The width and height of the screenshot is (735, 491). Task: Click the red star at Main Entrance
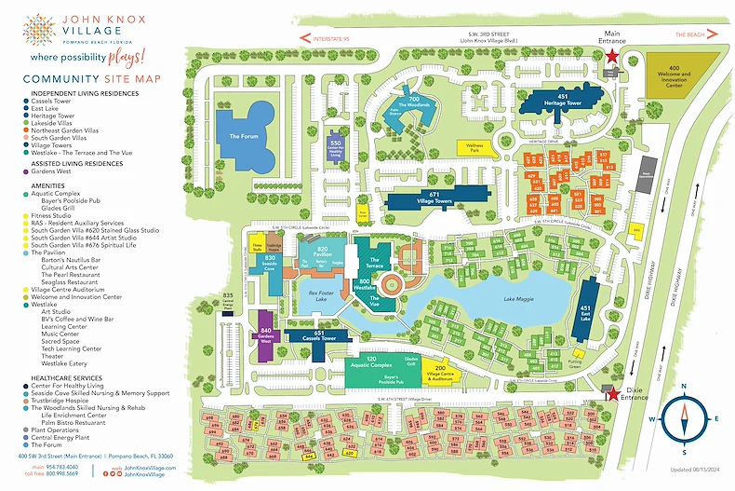click(611, 57)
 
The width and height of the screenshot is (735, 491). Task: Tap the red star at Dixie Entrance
click(610, 393)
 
